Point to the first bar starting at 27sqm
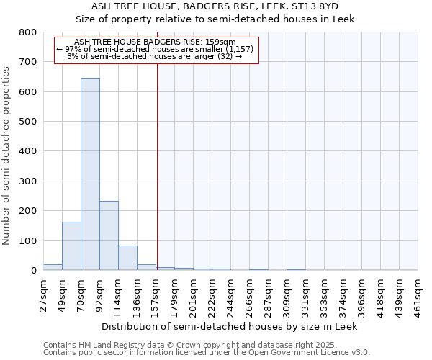click(x=53, y=267)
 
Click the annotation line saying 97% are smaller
click(x=155, y=49)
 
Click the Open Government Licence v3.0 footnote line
click(x=206, y=352)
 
